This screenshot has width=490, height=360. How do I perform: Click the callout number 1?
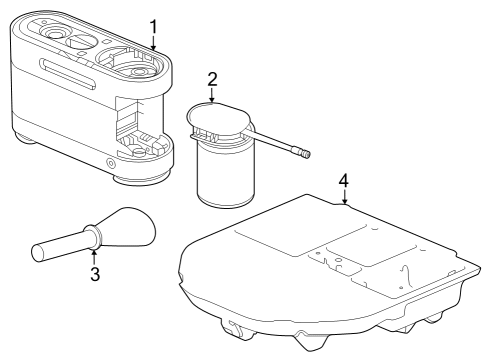[153, 27]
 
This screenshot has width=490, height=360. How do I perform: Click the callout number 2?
[212, 79]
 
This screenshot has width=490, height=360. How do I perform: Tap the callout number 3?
[95, 274]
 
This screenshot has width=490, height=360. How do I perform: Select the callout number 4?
[344, 181]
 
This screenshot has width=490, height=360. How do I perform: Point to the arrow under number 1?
[153, 43]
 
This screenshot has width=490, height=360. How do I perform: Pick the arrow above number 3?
[94, 257]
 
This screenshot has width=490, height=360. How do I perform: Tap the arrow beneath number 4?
[345, 197]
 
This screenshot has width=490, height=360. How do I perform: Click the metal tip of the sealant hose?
[303, 154]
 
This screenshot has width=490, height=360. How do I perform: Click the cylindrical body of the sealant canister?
[225, 177]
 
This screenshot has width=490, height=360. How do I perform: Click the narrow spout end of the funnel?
[37, 254]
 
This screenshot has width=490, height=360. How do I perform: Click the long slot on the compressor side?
[68, 73]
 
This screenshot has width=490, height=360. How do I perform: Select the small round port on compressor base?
[110, 163]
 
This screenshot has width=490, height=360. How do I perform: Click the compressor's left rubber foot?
[26, 138]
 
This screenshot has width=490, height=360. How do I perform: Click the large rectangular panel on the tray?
[301, 240]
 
